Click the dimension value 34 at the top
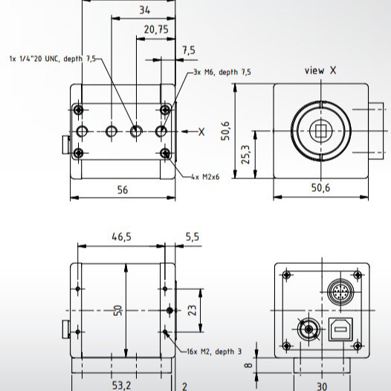click(x=143, y=10)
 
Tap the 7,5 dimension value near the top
click(x=188, y=51)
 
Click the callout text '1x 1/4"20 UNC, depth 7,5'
click(x=52, y=58)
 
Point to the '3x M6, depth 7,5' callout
click(x=222, y=72)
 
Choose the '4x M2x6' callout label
click(x=206, y=176)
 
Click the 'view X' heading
click(x=320, y=71)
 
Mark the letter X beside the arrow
click(x=201, y=132)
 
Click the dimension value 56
click(x=122, y=190)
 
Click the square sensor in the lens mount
click(x=320, y=132)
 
